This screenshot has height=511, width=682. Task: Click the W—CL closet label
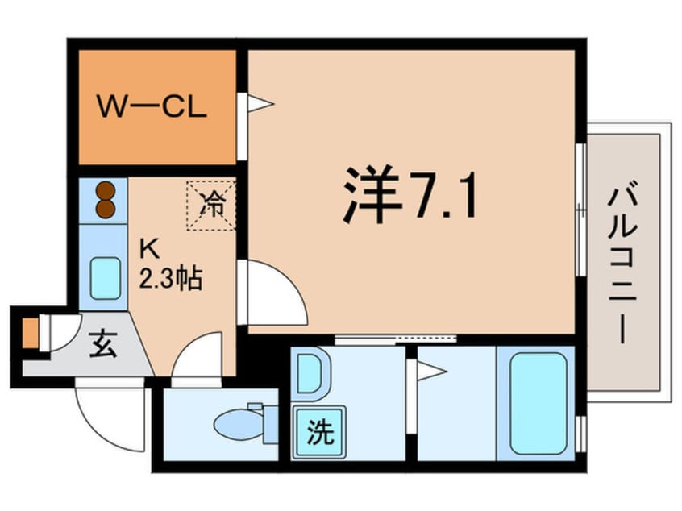152,106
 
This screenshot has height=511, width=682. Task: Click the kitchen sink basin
105,276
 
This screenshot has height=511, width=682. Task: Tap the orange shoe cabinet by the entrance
30,331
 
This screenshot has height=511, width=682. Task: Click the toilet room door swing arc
193,359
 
